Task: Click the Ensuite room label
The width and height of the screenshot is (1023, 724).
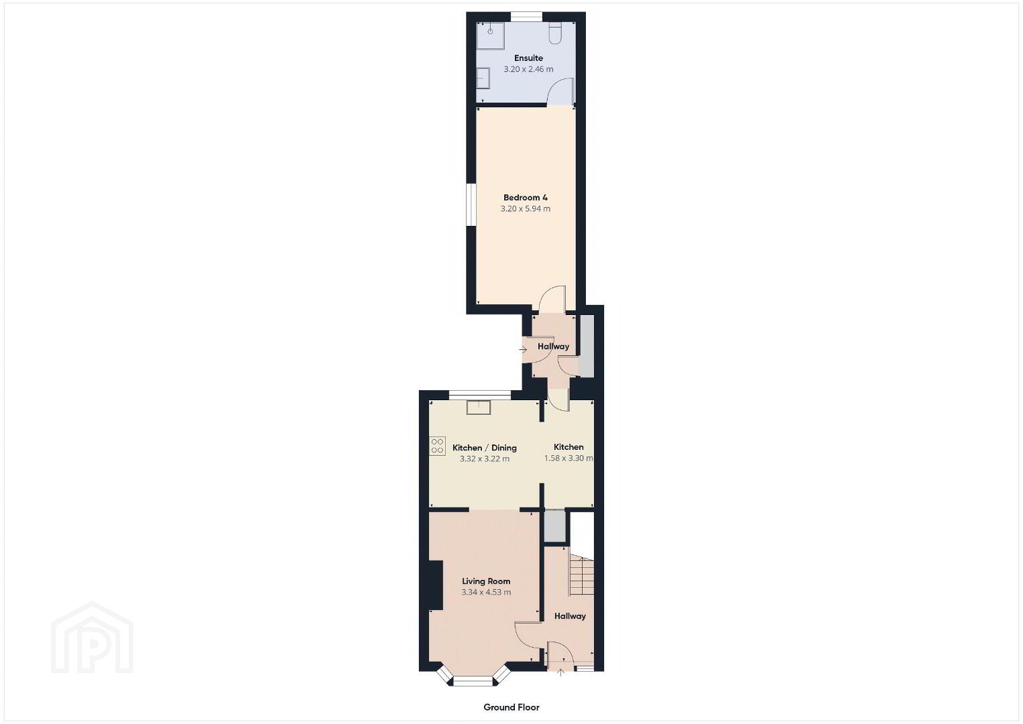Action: coord(528,58)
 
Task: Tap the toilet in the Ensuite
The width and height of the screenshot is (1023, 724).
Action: coord(555,34)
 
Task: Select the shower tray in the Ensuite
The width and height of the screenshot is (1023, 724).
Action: coord(491,36)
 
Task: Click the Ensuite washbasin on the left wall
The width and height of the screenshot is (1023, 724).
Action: coord(483,78)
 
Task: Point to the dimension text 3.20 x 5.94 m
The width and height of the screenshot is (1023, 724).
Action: coord(525,208)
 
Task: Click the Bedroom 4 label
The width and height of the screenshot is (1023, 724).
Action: coord(525,197)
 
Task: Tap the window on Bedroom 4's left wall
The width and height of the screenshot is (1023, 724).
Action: coord(471,204)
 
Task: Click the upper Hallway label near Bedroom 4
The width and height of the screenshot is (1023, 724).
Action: coord(554,346)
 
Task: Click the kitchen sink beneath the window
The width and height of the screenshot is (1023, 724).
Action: coord(479,408)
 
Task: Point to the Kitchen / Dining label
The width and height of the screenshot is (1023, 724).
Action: coord(485,448)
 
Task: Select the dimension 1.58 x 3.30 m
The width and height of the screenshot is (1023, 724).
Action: coord(568,458)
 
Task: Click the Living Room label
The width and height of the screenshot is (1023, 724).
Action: coord(486,581)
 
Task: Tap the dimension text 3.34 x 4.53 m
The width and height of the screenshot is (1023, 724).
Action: coord(486,592)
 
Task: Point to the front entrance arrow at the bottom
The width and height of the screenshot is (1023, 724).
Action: coord(561,672)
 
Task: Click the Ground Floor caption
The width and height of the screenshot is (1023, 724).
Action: coord(511,707)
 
